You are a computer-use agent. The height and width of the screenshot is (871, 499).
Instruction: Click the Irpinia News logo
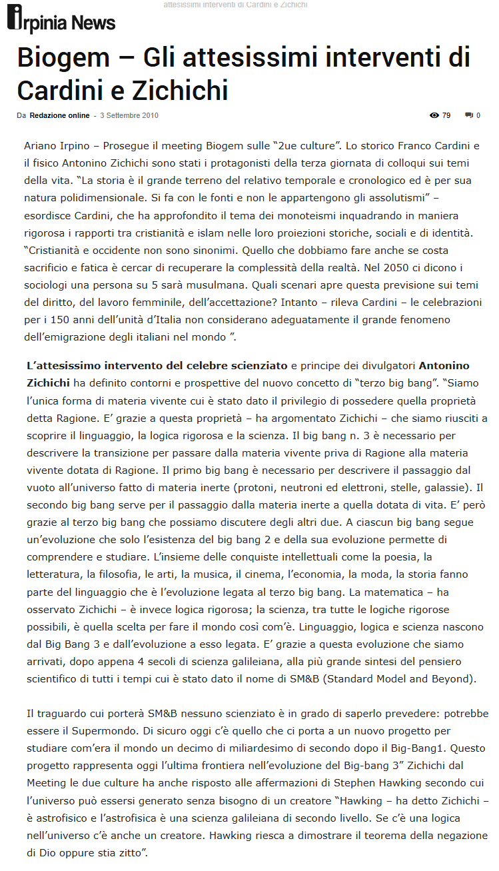point(61,20)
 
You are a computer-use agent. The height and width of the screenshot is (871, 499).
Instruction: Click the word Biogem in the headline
point(61,58)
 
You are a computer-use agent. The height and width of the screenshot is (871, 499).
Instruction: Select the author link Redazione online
point(59,115)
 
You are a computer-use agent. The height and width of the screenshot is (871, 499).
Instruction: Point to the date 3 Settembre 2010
point(129,115)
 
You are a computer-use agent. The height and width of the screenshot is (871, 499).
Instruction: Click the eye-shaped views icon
point(434,115)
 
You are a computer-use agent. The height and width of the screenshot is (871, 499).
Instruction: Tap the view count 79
point(446,115)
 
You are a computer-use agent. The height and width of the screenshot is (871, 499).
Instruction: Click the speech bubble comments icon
point(469,115)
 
